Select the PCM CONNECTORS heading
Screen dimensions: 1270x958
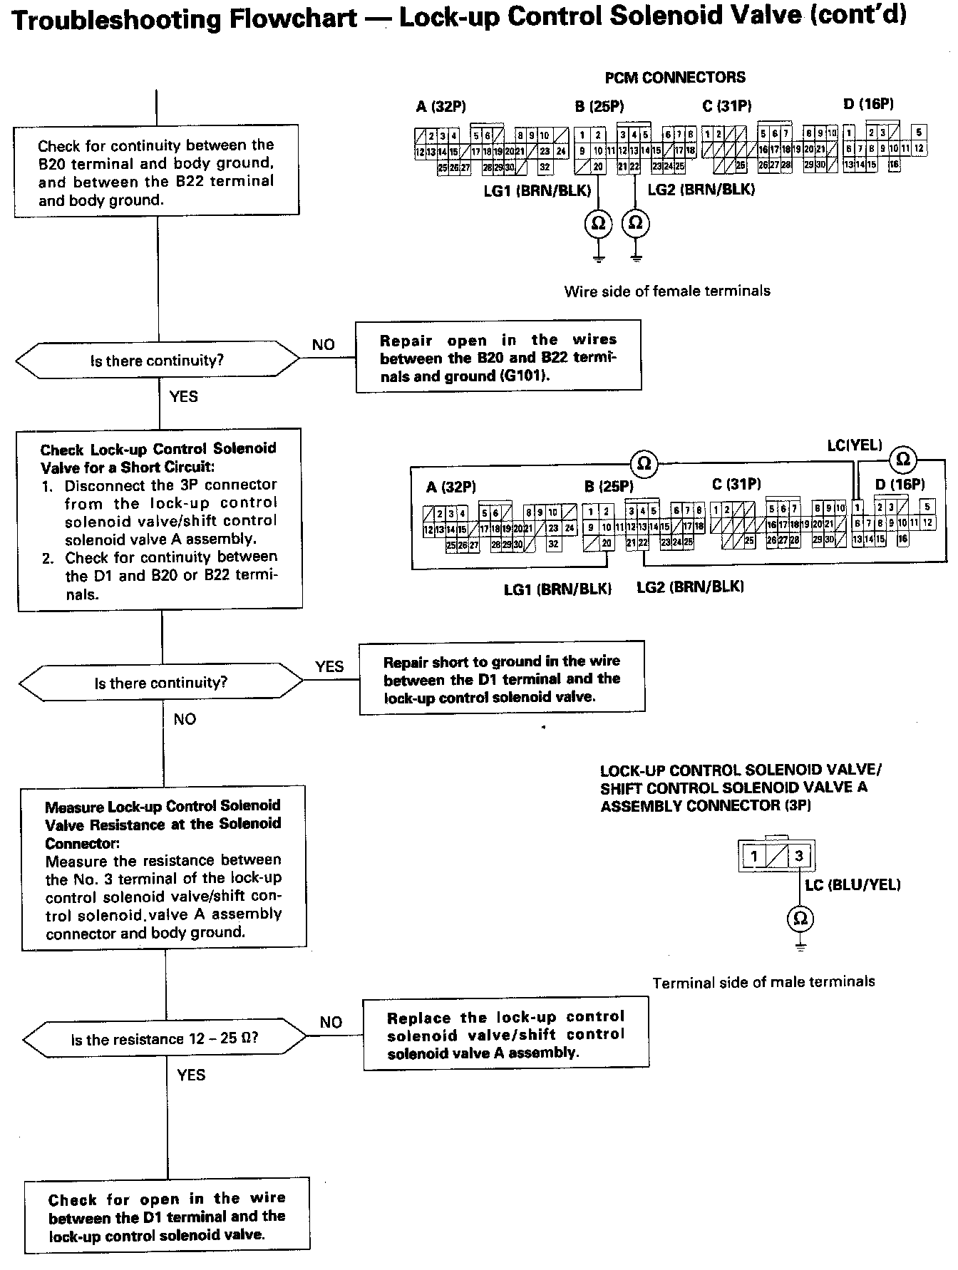[675, 78]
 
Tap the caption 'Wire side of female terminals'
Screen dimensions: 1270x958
[667, 291]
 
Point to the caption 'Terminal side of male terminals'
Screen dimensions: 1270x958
[763, 982]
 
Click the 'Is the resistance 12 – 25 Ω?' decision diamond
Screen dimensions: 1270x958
[165, 1039]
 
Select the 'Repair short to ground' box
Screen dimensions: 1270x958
[502, 678]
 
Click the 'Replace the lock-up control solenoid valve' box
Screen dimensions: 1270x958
[506, 1034]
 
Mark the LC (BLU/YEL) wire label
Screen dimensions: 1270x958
[853, 884]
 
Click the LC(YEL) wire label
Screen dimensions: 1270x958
[855, 446]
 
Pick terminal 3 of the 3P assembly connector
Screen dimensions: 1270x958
[799, 855]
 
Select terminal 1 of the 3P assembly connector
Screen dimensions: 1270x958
[754, 855]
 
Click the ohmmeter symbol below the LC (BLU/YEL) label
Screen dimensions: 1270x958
[800, 918]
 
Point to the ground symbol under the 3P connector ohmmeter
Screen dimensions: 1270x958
[800, 948]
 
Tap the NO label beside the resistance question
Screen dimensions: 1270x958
[331, 1022]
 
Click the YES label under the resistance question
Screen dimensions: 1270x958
[191, 1075]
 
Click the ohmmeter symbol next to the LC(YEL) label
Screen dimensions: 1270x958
[902, 458]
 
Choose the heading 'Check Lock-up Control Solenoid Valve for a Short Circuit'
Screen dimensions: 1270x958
[158, 458]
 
